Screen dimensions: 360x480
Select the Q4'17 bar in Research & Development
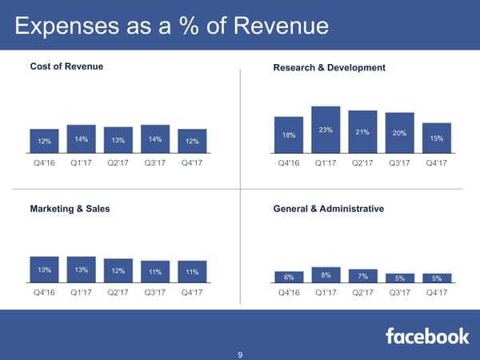(436, 138)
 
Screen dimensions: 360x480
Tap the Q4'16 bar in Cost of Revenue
(44, 140)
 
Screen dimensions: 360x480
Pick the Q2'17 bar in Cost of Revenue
(118, 140)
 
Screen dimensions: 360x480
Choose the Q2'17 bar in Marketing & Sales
(118, 270)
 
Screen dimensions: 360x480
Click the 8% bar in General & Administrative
(326, 275)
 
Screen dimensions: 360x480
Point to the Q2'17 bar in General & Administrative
(362, 276)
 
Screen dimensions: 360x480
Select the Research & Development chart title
(329, 67)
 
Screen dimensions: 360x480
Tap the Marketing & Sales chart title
(70, 209)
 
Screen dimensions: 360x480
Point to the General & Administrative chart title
(328, 209)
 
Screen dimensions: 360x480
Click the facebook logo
(427, 336)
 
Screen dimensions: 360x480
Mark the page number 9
(240, 355)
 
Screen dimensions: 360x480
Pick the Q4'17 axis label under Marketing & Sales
(191, 292)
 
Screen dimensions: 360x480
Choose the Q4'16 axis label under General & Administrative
(289, 292)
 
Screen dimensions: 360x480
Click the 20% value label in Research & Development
(399, 134)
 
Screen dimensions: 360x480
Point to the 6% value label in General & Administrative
(289, 277)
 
